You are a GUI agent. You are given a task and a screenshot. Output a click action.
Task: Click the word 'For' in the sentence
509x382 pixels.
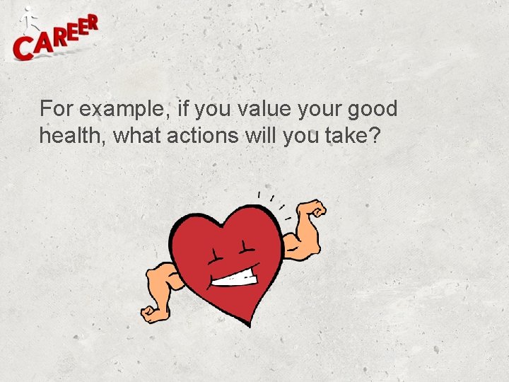pyautogui.click(x=56, y=109)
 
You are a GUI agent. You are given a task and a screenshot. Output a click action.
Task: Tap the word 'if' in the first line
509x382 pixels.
pyautogui.click(x=185, y=109)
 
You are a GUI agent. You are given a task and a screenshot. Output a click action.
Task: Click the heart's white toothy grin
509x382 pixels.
pyautogui.click(x=235, y=278)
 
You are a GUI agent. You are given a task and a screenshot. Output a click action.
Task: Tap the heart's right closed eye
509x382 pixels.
pyautogui.click(x=246, y=247)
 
